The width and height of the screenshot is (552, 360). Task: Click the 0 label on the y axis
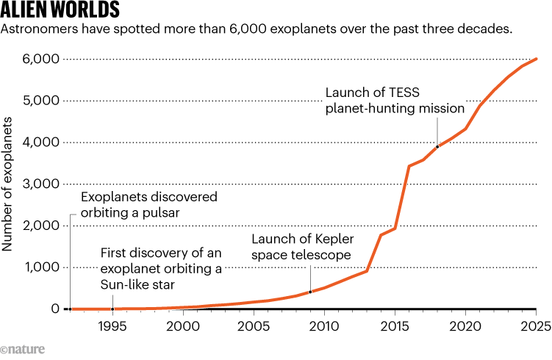[x=55, y=309]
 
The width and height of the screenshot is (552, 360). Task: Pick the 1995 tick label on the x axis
[x=112, y=325]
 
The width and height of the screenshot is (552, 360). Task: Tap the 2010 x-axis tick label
[x=324, y=325]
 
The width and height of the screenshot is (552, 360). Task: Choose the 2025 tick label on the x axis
[x=536, y=325]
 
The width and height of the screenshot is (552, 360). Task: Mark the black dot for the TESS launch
[x=438, y=146]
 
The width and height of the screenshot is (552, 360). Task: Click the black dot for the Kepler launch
[x=310, y=292]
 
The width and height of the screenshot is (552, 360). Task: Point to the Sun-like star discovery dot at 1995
[x=112, y=309]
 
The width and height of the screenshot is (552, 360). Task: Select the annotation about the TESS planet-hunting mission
[x=395, y=100]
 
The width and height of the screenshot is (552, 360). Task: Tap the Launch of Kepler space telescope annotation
[x=301, y=248]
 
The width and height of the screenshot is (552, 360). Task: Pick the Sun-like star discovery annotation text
[x=161, y=269]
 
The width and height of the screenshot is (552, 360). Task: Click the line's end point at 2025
[x=537, y=59]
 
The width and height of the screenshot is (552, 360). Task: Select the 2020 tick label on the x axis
[x=465, y=325]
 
